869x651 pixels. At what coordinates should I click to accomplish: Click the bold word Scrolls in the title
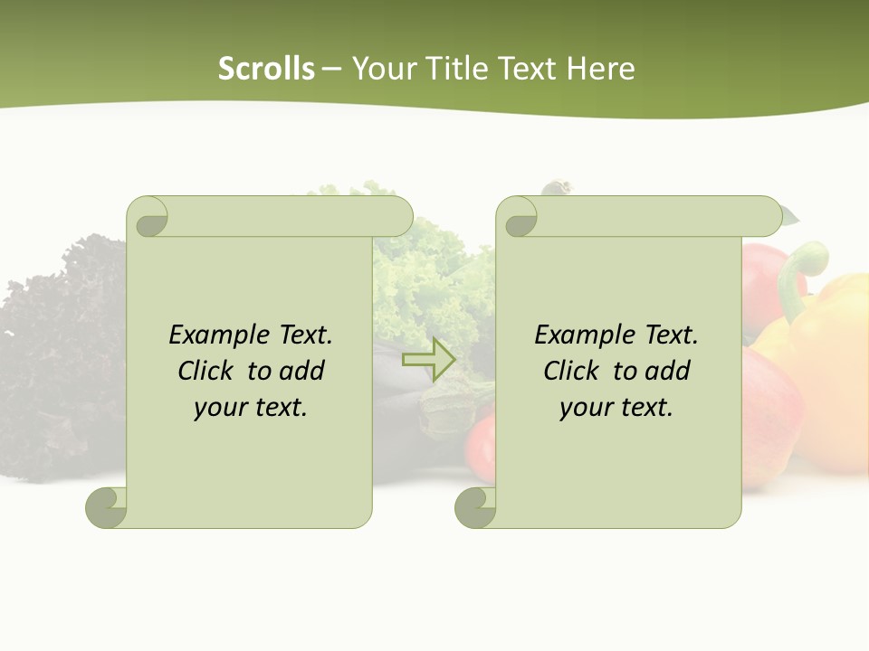[x=266, y=69]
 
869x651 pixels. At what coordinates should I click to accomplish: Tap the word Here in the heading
[x=601, y=69]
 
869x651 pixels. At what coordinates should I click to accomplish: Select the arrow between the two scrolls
[x=428, y=360]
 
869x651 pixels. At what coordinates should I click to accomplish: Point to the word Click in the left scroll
[x=207, y=371]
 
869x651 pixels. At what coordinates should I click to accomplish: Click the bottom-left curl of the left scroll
[x=106, y=507]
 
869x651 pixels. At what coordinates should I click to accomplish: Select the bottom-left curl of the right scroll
[x=474, y=507]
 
